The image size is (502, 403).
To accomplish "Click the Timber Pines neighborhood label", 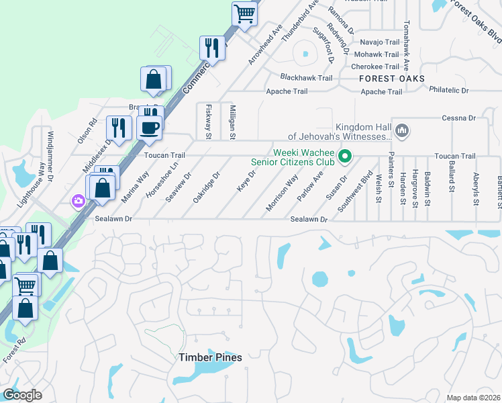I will (210, 357).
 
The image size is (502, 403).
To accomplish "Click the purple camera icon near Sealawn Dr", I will (79, 200).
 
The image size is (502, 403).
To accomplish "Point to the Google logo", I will (22, 395).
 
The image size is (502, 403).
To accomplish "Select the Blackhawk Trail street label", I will (307, 78).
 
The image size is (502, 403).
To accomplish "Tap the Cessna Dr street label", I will (458, 118).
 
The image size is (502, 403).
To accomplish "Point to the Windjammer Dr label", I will (49, 150).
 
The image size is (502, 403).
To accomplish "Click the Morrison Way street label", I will (282, 193).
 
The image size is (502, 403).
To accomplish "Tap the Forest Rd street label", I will (13, 351).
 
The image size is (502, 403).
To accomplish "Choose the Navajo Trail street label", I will (380, 42).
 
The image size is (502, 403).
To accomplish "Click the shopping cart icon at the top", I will (245, 12).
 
